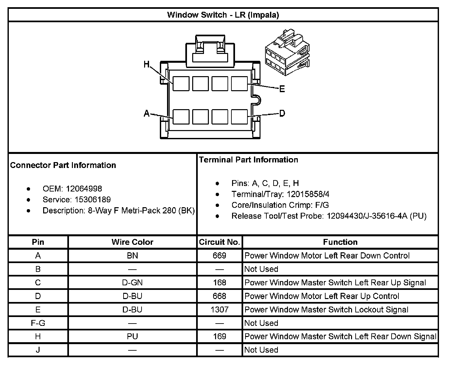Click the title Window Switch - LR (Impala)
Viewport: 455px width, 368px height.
point(223,15)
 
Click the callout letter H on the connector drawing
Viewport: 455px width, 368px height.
point(147,65)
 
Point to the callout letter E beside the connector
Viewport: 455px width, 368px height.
point(282,89)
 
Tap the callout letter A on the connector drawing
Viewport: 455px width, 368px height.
point(147,113)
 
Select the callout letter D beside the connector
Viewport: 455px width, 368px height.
point(282,113)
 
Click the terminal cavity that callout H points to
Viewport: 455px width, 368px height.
point(181,83)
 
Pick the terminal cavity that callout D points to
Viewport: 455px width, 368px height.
point(239,117)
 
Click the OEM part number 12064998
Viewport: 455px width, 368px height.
point(84,189)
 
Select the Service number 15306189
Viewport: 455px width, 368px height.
point(93,199)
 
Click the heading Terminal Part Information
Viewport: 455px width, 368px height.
point(248,160)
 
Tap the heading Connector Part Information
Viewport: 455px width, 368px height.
point(63,165)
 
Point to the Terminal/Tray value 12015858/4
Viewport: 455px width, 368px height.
point(308,194)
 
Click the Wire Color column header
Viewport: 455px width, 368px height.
point(132,242)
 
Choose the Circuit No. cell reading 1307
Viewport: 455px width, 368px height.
point(219,309)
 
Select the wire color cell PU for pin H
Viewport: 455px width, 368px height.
point(132,336)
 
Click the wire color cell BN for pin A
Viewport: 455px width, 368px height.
point(132,256)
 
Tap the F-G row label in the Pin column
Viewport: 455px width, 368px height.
point(38,323)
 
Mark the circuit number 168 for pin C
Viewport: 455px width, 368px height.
point(219,282)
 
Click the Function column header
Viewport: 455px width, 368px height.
point(340,242)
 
